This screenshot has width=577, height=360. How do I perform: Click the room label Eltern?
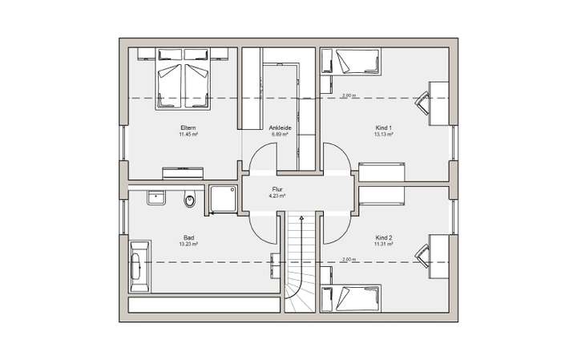coord(188,127)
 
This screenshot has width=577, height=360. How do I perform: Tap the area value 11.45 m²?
coord(188,134)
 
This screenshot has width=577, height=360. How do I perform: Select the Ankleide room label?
coord(280,127)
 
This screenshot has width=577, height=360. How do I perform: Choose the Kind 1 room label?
coord(383,127)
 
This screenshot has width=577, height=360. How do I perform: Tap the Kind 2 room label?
coord(383,237)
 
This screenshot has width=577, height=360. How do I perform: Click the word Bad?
coord(188,237)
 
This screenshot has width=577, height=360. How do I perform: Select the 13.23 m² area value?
coord(188,244)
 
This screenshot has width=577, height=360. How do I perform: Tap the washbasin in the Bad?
coord(155,196)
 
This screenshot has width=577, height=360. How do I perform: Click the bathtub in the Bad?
coord(139,265)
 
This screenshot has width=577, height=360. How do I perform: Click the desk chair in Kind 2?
coord(422,253)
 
